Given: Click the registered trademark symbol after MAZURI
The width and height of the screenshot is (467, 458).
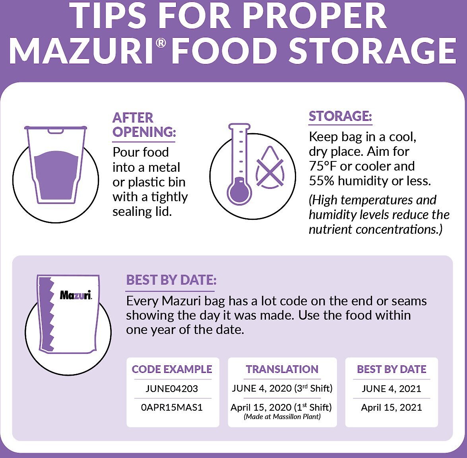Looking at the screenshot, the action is point(161,43).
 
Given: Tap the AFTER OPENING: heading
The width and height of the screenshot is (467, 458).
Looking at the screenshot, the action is point(144,125).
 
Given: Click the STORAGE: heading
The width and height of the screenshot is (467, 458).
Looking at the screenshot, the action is point(341,116).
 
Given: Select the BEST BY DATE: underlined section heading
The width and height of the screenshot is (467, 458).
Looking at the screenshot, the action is point(171,280).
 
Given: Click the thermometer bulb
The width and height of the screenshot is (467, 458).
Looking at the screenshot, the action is point(239,191).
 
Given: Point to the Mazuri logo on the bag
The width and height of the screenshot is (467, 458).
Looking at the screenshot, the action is point(76,295).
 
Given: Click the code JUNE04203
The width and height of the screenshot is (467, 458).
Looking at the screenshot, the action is point(172,388).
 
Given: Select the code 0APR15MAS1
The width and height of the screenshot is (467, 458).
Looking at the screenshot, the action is point(172,408).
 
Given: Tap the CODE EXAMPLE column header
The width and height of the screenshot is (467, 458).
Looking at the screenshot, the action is point(172,369).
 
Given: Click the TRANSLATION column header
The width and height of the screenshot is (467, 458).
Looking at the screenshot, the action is point(282,369).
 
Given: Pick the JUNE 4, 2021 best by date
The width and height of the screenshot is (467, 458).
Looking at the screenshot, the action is point(391,388).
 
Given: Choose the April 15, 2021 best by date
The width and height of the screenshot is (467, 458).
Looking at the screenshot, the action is point(391,408).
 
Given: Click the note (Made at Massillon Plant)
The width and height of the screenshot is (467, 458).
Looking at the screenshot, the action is point(282,417).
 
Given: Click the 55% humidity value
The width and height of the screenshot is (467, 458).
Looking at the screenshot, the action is point(322,181).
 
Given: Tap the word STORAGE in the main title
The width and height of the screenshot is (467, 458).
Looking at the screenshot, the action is point(372,50).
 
